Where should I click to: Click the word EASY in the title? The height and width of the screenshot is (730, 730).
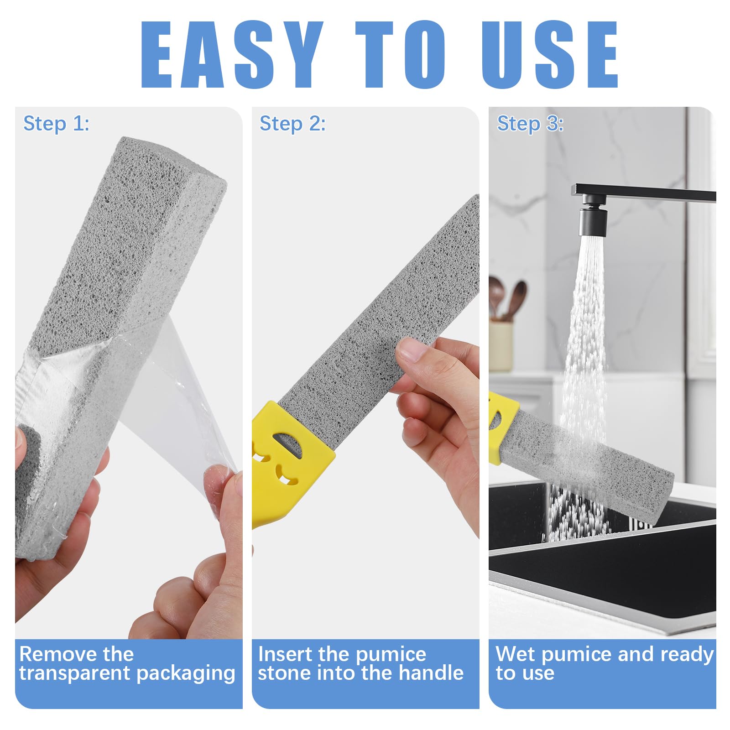[232, 55]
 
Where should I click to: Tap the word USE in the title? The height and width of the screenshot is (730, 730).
[550, 55]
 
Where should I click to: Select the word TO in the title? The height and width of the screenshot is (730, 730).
[401, 55]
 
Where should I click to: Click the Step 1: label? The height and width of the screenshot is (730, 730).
[56, 124]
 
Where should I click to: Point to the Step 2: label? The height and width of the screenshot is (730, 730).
[292, 124]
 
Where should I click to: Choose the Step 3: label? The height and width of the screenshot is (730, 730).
[530, 124]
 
